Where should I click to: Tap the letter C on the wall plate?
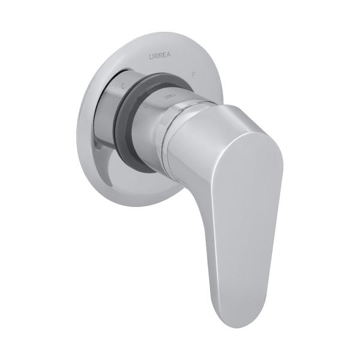123,86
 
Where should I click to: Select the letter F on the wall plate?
193,75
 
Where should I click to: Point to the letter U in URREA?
151,56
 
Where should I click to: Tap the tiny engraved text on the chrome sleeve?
170,96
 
